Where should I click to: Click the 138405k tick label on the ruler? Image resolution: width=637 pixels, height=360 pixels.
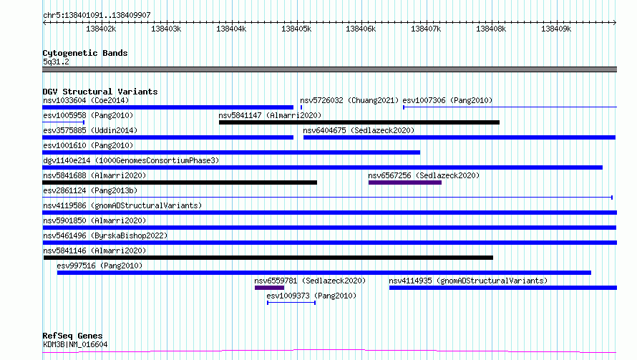pos(296,29)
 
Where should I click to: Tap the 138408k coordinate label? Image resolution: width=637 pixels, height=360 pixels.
pos(491,29)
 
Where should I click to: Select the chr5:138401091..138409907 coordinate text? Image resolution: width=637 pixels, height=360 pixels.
pos(97,15)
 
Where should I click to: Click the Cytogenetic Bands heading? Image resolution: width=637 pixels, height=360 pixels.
pos(85,53)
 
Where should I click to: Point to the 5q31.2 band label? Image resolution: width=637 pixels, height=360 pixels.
pos(56,62)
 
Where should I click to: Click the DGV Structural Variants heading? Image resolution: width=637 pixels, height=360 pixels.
pos(100,92)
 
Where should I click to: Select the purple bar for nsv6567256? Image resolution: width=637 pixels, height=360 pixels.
pos(405,183)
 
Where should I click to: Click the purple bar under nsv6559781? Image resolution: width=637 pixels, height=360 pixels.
pos(269,288)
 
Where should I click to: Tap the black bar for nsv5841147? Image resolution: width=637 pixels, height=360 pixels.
pos(359,122)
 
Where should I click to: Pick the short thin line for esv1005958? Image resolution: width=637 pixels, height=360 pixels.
pos(64,122)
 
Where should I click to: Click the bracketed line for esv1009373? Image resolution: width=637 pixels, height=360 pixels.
pos(291,303)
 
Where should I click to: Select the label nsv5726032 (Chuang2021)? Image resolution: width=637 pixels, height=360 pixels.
pos(349,100)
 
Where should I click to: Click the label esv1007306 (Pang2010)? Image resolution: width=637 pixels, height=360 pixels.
pos(447,100)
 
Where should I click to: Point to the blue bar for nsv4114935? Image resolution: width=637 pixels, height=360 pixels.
pos(503,288)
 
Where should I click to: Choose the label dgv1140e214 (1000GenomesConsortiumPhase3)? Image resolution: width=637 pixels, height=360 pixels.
pos(131,160)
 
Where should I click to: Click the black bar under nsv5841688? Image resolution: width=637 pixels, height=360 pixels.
pos(180,183)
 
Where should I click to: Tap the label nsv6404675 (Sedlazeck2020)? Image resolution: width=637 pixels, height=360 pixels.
pos(359,130)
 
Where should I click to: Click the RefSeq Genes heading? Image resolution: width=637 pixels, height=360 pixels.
pos(72,336)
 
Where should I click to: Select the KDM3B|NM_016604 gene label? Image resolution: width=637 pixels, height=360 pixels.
pos(75,344)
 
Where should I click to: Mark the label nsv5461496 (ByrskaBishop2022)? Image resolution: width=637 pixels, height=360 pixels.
pos(105,235)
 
